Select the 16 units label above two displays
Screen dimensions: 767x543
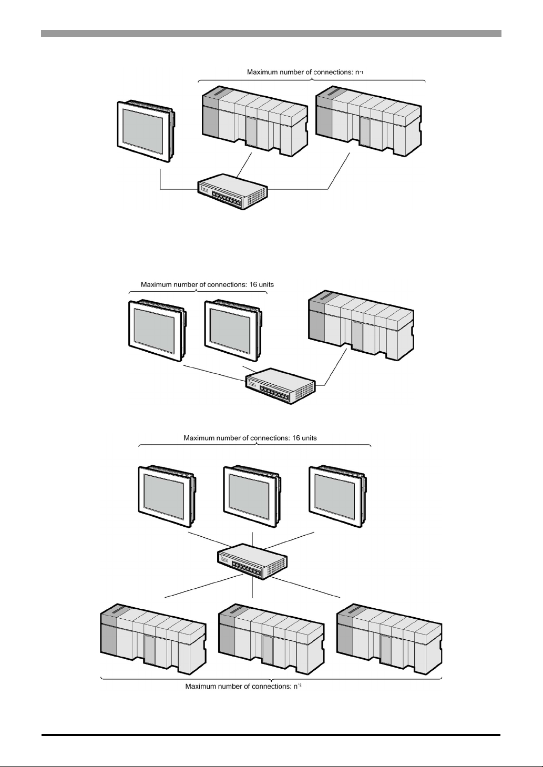point(207,284)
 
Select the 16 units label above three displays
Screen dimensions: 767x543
point(250,437)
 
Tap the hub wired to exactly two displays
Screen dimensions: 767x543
point(280,385)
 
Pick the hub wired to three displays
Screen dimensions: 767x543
point(252,560)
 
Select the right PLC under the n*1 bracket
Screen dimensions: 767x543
point(369,121)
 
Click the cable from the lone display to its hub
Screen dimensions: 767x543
point(173,188)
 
